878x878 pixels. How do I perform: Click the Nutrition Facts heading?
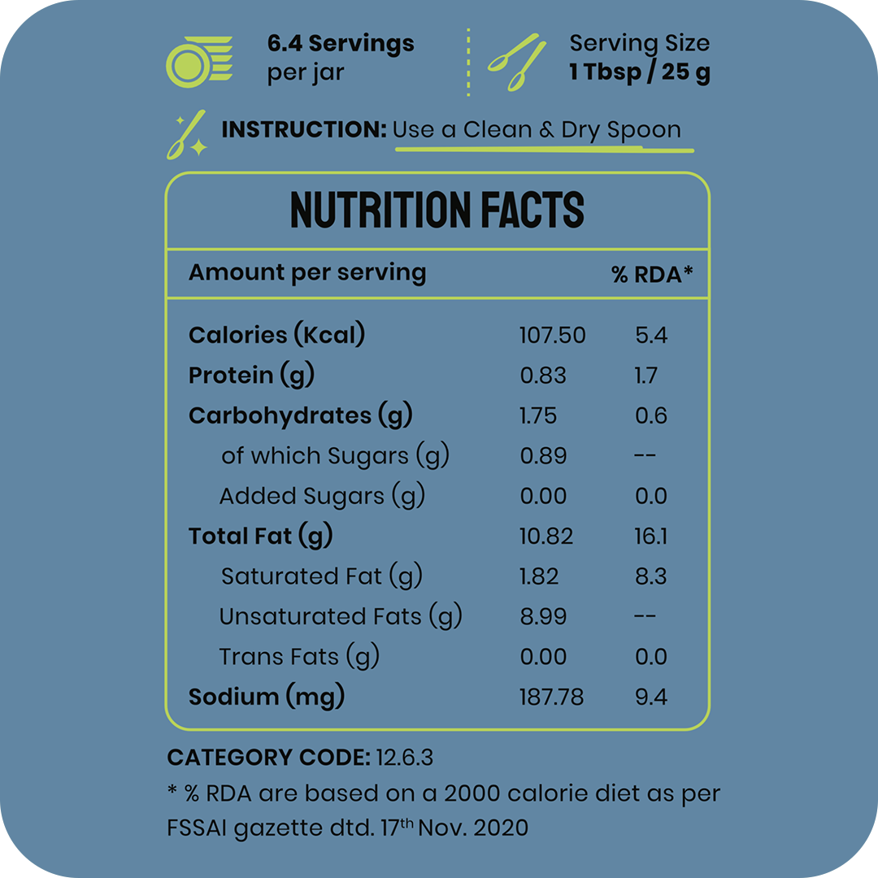[x=437, y=210]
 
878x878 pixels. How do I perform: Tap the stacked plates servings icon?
[x=198, y=61]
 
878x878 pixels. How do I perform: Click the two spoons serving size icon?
[x=517, y=62]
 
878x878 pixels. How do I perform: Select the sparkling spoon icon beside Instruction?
[x=186, y=134]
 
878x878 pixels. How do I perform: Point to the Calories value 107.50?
[x=552, y=335]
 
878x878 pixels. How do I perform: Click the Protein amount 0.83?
[x=543, y=376]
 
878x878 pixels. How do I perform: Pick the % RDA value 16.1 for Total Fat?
[x=650, y=537]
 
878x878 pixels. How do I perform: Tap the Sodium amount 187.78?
[x=551, y=698]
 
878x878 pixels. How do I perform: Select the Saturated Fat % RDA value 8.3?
[x=650, y=576]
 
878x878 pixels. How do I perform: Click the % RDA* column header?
[x=652, y=275]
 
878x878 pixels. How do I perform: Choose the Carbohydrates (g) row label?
[x=301, y=415]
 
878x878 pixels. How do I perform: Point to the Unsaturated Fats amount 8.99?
[x=543, y=617]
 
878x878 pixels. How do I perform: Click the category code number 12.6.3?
[x=405, y=758]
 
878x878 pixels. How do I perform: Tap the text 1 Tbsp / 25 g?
[x=640, y=72]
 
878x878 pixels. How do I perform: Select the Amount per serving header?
[x=307, y=272]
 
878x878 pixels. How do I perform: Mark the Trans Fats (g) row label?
[x=299, y=657]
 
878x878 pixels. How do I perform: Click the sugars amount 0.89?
[x=543, y=456]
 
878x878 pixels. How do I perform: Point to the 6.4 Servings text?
[x=341, y=44]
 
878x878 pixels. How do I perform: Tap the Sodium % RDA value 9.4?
[x=650, y=698]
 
